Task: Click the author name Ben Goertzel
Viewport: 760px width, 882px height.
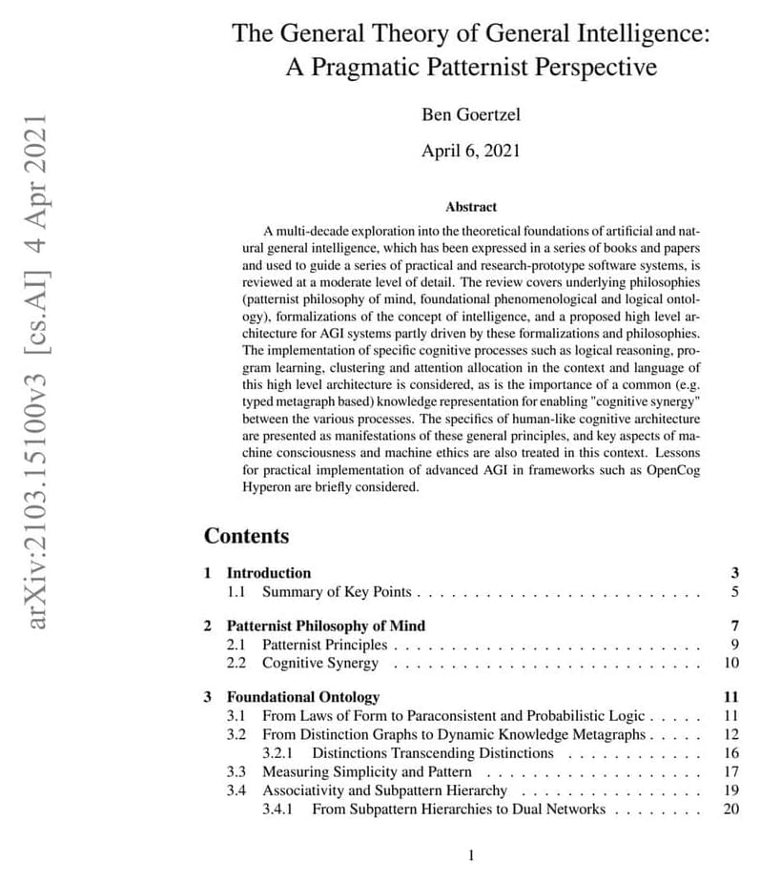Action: (x=470, y=115)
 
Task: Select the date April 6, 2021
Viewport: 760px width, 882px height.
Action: (x=470, y=151)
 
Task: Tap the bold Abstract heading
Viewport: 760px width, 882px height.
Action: (x=471, y=206)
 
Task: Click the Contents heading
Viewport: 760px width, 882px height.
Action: (x=246, y=536)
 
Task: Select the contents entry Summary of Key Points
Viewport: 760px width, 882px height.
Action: (x=337, y=592)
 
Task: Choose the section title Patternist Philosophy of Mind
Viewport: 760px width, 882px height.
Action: (x=325, y=626)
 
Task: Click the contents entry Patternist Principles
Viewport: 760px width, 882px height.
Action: (x=325, y=645)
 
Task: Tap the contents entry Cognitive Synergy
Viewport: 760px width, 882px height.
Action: (x=318, y=663)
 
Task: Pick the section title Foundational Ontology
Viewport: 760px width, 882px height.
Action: (x=302, y=697)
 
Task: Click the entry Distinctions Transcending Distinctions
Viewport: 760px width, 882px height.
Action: (x=432, y=753)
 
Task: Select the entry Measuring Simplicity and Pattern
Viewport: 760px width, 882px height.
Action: (x=367, y=771)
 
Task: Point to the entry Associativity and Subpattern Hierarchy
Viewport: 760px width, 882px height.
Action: (x=385, y=790)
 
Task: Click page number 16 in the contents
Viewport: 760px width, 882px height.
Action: (x=731, y=753)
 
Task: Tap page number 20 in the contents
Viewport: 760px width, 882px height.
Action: (x=731, y=810)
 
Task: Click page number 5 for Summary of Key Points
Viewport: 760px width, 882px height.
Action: (x=735, y=592)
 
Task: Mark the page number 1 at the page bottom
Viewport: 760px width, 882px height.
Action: (x=471, y=855)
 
